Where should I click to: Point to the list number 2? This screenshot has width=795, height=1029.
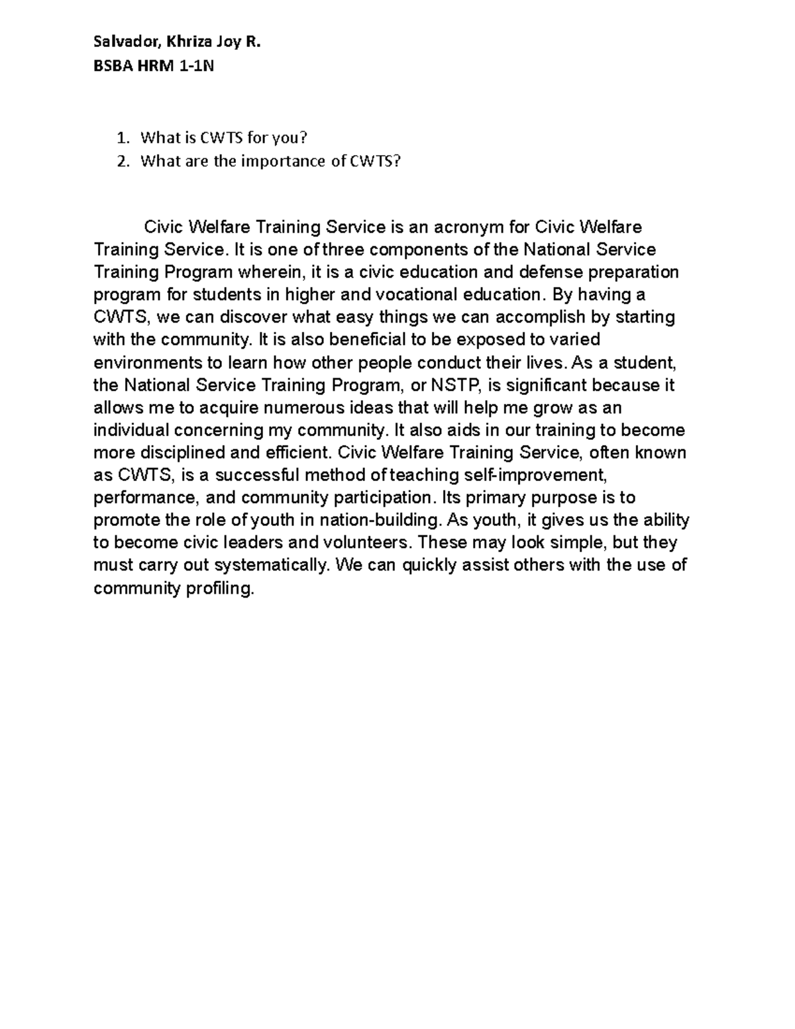[121, 161]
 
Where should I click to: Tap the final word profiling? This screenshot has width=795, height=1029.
[219, 588]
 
